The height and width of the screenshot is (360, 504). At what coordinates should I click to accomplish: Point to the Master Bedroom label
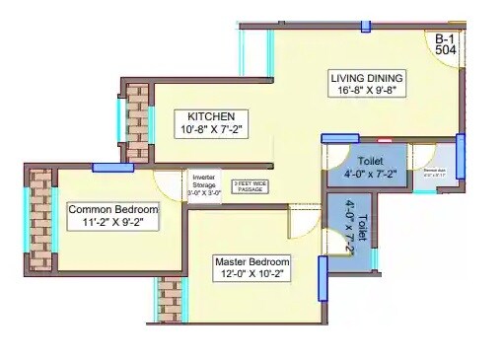point(252,261)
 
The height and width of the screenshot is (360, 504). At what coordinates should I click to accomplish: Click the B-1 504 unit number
point(446,46)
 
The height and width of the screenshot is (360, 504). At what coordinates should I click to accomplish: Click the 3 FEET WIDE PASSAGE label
point(250,185)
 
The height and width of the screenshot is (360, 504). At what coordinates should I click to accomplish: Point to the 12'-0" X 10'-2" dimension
point(252,276)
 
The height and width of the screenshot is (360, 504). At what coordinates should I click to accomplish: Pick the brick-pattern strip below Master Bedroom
point(168,300)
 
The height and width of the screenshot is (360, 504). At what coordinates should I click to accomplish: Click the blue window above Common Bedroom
point(112,168)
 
